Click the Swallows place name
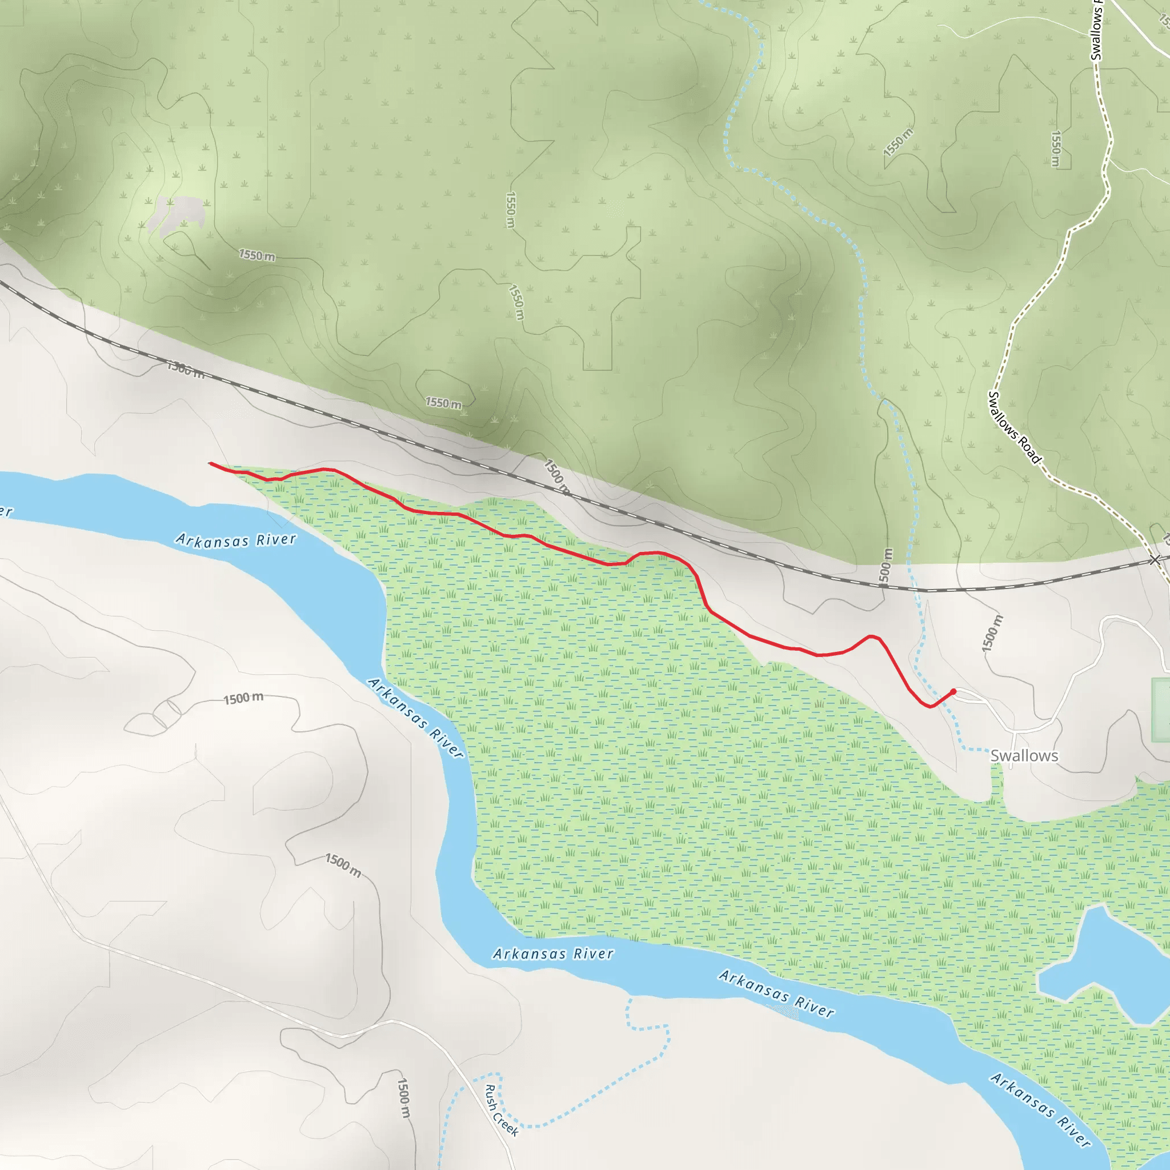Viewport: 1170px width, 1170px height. coord(1024,756)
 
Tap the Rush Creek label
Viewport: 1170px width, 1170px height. coord(502,1110)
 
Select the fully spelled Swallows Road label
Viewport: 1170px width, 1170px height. coord(1014,427)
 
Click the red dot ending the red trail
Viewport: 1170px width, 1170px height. coord(953,692)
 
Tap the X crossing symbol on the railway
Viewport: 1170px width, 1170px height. coord(1155,560)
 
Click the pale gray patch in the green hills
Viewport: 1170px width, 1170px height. coord(176,214)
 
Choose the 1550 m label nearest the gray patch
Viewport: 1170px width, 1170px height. coord(257,255)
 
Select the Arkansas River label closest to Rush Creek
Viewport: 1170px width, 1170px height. coord(553,954)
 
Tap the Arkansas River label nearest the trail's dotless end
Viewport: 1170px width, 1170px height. coord(236,539)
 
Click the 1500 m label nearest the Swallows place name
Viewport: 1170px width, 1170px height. coord(992,634)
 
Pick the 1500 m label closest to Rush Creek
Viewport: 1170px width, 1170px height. coord(403,1097)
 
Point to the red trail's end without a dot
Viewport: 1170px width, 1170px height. coord(210,464)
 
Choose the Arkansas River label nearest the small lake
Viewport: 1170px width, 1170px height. coord(1040,1110)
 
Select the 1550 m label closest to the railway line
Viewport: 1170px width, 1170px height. coord(443,403)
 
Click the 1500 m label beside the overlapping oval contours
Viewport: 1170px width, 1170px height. coord(243,698)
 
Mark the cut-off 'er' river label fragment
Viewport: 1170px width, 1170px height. coord(6,512)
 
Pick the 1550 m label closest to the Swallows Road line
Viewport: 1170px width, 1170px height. coord(1056,149)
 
